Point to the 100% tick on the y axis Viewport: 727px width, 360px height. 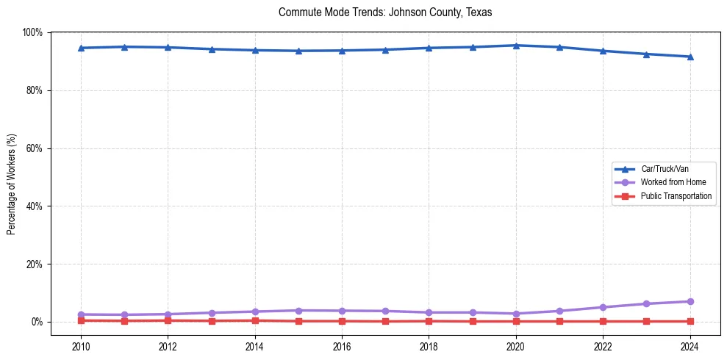pos(33,32)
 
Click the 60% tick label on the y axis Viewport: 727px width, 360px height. pos(33,148)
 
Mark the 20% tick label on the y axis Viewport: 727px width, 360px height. pos(33,264)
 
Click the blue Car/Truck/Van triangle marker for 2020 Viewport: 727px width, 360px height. pos(516,46)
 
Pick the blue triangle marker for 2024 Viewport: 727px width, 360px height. pos(690,57)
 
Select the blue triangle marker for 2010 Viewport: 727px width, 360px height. pos(81,48)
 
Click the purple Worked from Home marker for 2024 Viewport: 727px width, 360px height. pos(690,301)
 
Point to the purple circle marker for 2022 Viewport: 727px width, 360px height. pos(603,307)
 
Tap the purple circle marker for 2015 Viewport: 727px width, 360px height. pos(298,310)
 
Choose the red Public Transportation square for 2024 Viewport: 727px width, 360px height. pos(690,321)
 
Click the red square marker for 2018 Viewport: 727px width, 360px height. pos(429,321)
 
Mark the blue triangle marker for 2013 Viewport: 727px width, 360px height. pos(212,49)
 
